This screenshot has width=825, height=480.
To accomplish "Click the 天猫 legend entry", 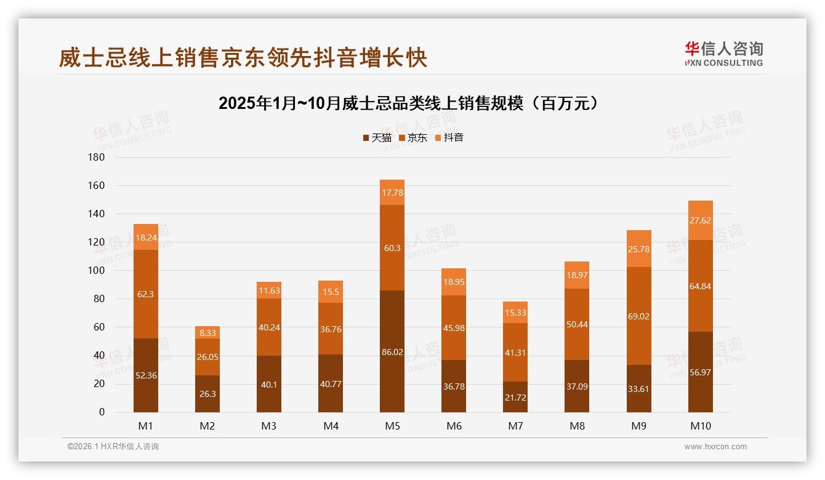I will tap(377, 138).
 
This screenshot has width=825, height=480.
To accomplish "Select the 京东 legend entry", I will tap(413, 138).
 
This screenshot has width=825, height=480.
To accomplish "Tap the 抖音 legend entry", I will tap(449, 138).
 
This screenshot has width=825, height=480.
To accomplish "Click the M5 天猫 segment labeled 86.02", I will tap(392, 352).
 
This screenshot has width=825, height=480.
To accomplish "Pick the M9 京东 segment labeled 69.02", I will tap(638, 316).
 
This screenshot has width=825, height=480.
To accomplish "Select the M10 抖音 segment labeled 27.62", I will tap(700, 220).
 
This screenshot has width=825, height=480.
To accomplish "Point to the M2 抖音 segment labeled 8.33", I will tap(207, 332).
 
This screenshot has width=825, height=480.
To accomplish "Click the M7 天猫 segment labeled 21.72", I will tap(515, 397).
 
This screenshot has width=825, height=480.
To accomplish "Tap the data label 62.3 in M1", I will tap(146, 294).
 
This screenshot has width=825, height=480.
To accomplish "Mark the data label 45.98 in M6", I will tap(454, 328).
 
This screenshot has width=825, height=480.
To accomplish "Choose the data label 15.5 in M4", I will tap(331, 292).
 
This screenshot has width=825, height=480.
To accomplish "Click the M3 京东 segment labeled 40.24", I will tap(269, 327).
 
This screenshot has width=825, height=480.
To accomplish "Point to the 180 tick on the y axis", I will tap(97, 158).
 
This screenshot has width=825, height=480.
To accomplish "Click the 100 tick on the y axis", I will tap(97, 271).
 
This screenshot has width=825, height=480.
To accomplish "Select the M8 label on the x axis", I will tap(577, 426).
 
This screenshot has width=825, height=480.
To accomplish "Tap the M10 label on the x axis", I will tap(700, 426).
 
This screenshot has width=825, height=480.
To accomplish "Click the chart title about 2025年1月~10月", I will tap(408, 103).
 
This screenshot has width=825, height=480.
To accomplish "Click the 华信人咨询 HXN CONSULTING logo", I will tap(723, 54).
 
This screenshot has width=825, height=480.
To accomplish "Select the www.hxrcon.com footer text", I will tap(715, 447).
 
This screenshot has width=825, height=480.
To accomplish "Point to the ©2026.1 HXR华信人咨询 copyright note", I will tap(113, 447).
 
